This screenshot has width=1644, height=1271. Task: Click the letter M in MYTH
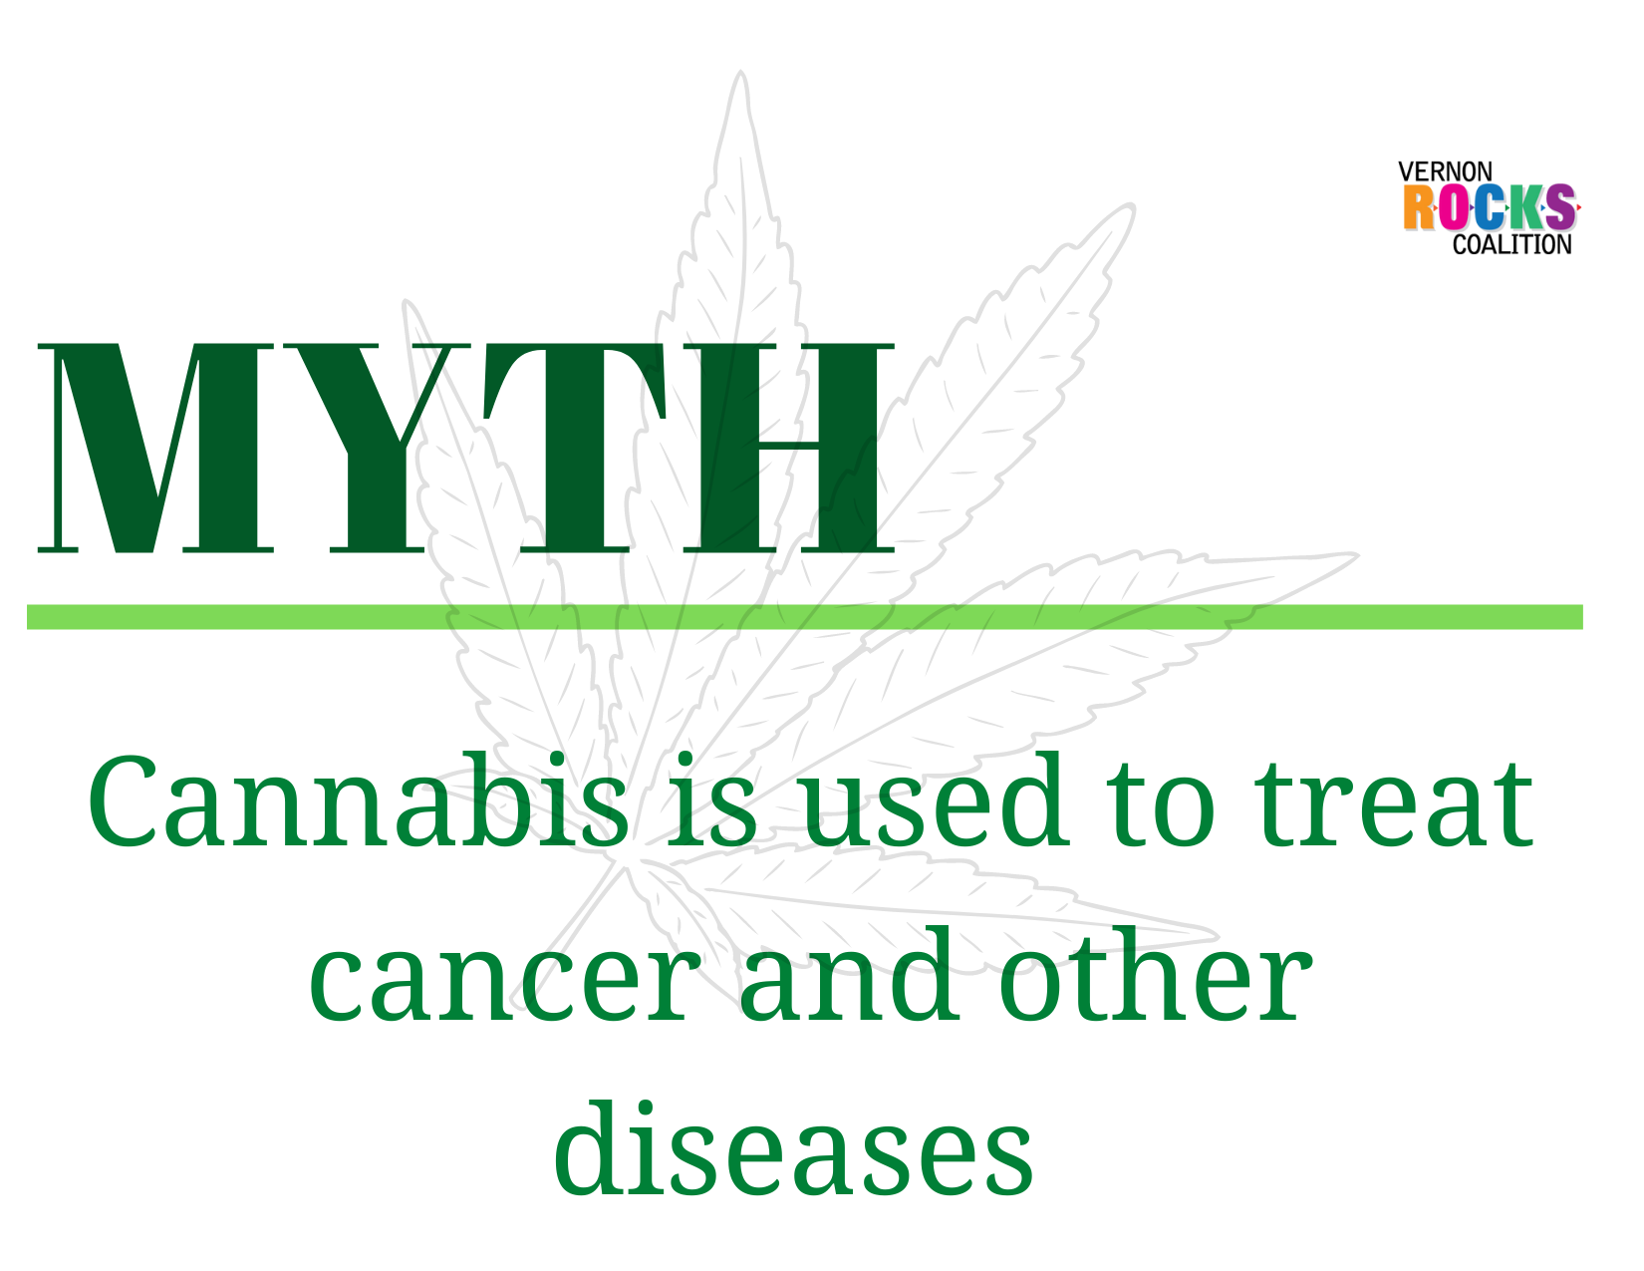pyautogui.click(x=155, y=448)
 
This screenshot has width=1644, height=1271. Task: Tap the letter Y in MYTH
pyautogui.click(x=377, y=448)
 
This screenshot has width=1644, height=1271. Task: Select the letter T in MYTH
pyautogui.click(x=575, y=448)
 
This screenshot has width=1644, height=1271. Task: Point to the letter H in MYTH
pyautogui.click(x=789, y=448)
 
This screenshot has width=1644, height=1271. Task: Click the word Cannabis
pyautogui.click(x=358, y=800)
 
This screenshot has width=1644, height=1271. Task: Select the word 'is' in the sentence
pyautogui.click(x=712, y=800)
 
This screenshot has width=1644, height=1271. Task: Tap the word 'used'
pyautogui.click(x=936, y=800)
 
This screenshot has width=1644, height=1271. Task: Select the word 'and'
pyautogui.click(x=849, y=974)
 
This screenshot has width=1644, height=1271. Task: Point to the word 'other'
pyautogui.click(x=1155, y=974)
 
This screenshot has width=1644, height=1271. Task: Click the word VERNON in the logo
pyautogui.click(x=1445, y=171)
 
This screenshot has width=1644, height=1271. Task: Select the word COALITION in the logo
pyautogui.click(x=1511, y=244)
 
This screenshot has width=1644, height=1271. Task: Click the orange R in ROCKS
pyautogui.click(x=1419, y=207)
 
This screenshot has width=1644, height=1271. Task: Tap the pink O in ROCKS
pyautogui.click(x=1454, y=207)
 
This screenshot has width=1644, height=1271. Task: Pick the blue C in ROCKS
pyautogui.click(x=1489, y=207)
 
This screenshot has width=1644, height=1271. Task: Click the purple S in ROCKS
pyautogui.click(x=1559, y=207)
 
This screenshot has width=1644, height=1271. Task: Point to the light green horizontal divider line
pyautogui.click(x=805, y=617)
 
